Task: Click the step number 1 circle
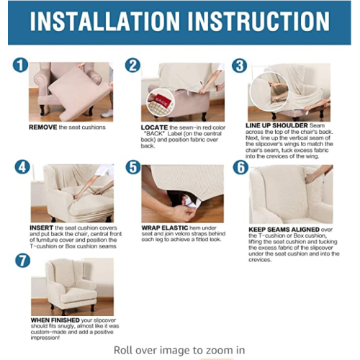[20, 65]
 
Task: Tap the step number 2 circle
[132, 65]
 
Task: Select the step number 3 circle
[240, 66]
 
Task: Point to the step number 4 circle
[22, 167]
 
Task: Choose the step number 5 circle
[133, 167]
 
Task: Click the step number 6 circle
[240, 167]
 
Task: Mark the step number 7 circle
[23, 261]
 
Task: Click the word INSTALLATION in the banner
[104, 21]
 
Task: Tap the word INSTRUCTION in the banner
[258, 21]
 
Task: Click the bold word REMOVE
[43, 127]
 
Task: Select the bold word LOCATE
[154, 127]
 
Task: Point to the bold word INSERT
[42, 228]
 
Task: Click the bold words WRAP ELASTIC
[165, 228]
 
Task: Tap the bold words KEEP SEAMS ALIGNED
[284, 230]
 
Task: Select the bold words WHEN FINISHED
[55, 320]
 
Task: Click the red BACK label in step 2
[161, 101]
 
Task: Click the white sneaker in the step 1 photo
[107, 114]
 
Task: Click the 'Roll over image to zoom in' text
[179, 350]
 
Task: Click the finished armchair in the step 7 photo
[71, 287]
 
